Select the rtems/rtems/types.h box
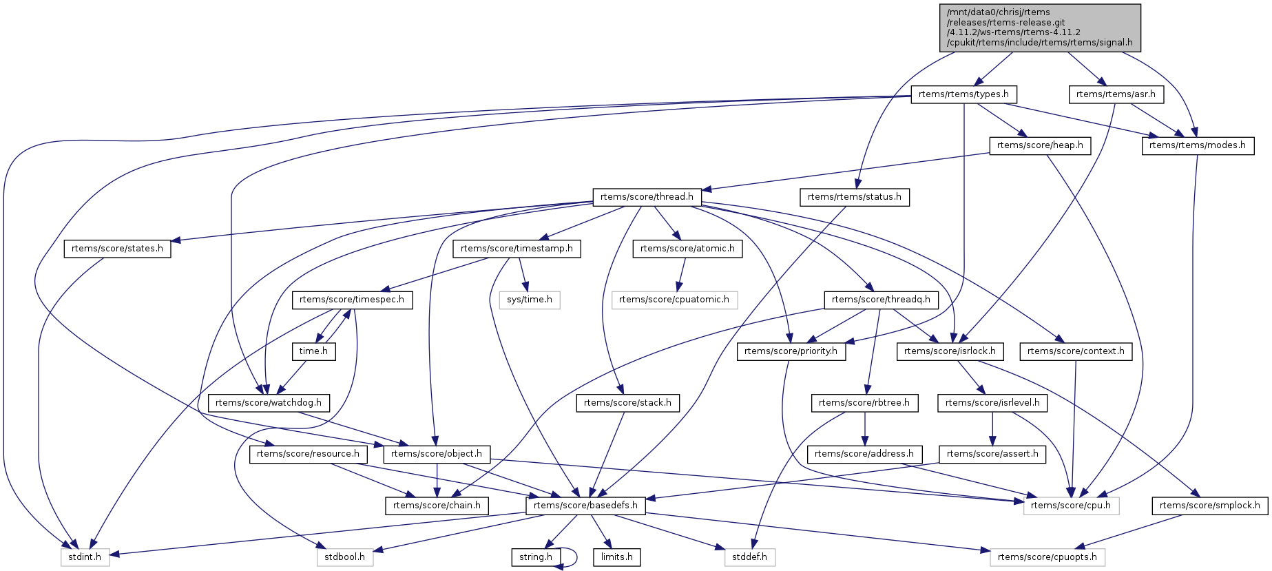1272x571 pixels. pos(963,94)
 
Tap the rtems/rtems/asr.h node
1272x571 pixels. pos(1116,94)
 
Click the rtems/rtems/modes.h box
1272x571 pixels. pos(1197,145)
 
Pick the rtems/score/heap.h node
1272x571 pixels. pos(1039,145)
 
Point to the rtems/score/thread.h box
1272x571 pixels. pos(647,197)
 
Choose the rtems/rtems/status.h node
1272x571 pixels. pos(854,197)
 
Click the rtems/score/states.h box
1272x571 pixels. pos(117,249)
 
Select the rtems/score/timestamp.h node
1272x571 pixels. pos(517,249)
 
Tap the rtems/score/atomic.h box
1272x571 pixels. pos(687,249)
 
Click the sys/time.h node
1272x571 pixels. pos(529,300)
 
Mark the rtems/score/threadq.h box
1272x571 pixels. pos(881,300)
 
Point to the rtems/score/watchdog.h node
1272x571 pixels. pos(269,403)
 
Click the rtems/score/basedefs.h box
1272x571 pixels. pos(585,506)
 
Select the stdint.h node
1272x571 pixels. pos(85,557)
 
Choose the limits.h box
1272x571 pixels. pos(616,557)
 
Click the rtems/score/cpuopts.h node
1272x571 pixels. pos(1047,557)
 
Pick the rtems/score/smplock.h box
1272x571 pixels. pos(1209,506)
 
